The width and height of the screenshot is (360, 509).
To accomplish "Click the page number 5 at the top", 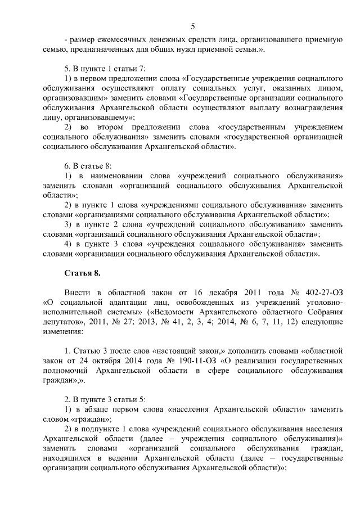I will coord(193,26).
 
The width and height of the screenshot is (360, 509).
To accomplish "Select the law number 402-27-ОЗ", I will coord(321,294).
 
